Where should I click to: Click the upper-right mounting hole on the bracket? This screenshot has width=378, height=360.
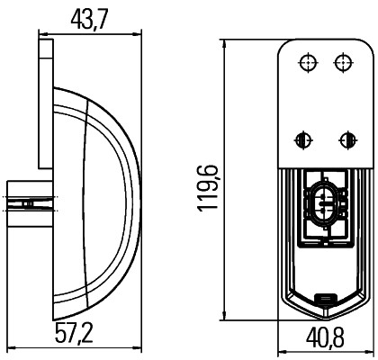[343, 62]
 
